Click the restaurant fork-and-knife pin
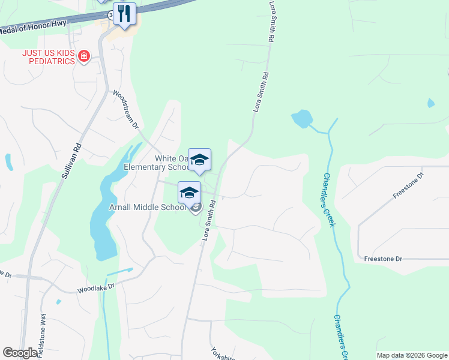[x=124, y=14]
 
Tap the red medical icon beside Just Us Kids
[x=84, y=56]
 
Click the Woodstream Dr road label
[x=126, y=110]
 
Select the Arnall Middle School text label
[x=147, y=208]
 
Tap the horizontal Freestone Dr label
[x=382, y=259]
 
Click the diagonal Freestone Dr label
[x=408, y=185]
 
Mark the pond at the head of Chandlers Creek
[x=302, y=119]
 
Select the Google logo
[x=19, y=353]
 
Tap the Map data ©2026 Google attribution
[x=412, y=355]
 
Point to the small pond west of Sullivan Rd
[x=8, y=162]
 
